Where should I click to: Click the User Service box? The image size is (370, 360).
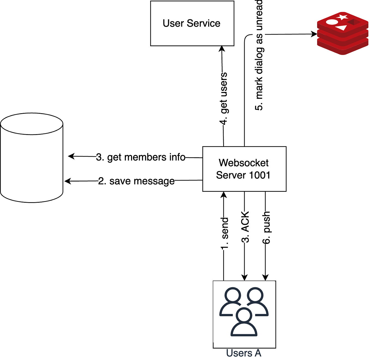point(192,23)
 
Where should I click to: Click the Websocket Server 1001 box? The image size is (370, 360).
point(244,169)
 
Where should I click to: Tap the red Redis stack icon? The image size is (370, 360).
point(342,33)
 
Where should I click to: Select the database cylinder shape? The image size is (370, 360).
point(32,158)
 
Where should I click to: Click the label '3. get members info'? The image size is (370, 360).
point(141,157)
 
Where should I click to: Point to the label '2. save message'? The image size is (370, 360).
point(136,181)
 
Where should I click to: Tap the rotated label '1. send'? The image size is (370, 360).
point(225,233)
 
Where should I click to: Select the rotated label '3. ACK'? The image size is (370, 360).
point(245,227)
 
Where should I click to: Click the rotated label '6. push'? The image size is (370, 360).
point(266,227)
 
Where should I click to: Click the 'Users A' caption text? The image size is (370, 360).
point(244,353)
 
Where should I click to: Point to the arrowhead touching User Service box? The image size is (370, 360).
point(222,49)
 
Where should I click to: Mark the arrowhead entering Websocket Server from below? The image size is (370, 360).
point(224,195)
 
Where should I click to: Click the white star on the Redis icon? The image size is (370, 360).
point(342,17)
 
